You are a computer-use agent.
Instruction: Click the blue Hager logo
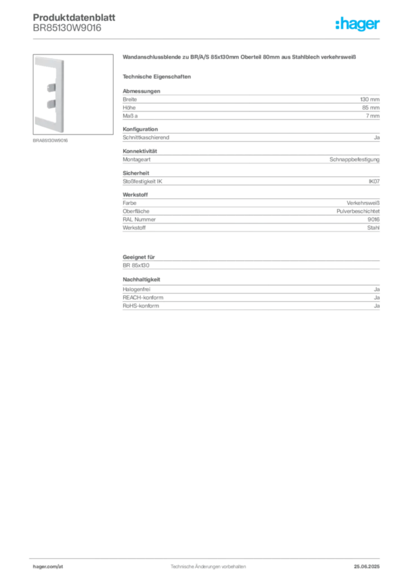pos(359,25)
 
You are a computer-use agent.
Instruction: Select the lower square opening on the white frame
pos(50,104)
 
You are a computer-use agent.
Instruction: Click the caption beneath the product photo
pos(51,141)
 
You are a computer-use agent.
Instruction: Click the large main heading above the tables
pos(240,58)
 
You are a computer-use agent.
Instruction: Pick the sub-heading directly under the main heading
pos(158,76)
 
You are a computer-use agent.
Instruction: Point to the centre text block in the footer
pos(207,563)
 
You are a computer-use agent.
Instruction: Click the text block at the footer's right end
pos(370,563)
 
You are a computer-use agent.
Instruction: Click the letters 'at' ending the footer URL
pos(59,566)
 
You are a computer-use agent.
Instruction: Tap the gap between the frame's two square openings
pos(50,95)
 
